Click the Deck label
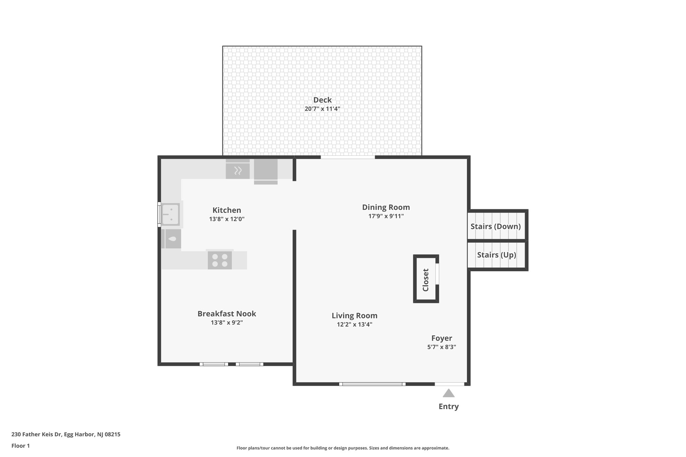(x=322, y=100)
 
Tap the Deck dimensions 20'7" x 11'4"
(x=322, y=109)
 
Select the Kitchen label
(x=227, y=210)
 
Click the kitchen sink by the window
(x=171, y=214)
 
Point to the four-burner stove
(x=220, y=260)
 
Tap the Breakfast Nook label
(x=227, y=314)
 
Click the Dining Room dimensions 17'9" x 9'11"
(x=386, y=216)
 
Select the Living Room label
(x=354, y=316)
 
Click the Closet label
(x=426, y=280)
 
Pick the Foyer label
(x=441, y=338)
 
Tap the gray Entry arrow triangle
(x=449, y=393)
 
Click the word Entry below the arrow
(x=449, y=406)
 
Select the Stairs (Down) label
(x=495, y=226)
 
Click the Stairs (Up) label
(x=496, y=255)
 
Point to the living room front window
(x=372, y=384)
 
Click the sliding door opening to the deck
(x=348, y=157)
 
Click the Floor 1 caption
(x=20, y=446)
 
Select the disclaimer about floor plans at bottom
(x=343, y=448)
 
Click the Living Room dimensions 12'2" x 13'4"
(x=354, y=324)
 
